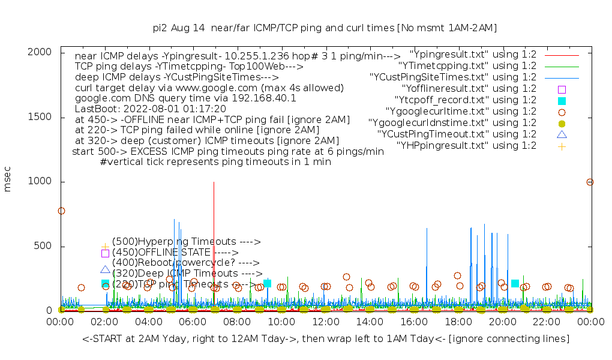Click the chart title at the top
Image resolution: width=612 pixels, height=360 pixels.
pyautogui.click(x=325, y=28)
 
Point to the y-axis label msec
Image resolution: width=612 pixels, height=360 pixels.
pyautogui.click(x=8, y=181)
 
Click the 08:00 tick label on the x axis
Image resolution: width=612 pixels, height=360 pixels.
pyautogui.click(x=237, y=322)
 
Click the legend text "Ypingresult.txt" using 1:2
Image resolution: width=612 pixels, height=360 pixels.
pyautogui.click(x=473, y=54)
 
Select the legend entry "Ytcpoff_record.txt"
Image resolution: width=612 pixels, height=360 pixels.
pyautogui.click(x=466, y=100)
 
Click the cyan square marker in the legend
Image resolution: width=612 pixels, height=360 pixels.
pyautogui.click(x=562, y=100)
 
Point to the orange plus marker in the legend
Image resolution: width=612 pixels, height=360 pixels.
pyautogui.click(x=562, y=146)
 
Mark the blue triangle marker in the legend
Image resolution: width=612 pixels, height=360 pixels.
pyautogui.click(x=562, y=134)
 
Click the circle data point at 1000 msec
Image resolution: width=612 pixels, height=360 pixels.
pyautogui.click(x=590, y=182)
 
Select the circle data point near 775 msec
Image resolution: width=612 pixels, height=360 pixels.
pyautogui.click(x=61, y=211)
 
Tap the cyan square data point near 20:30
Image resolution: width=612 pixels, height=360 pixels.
pyautogui.click(x=515, y=283)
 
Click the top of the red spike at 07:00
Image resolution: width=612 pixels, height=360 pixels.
pyautogui.click(x=214, y=182)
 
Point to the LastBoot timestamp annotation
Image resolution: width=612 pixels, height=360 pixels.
pyautogui.click(x=151, y=109)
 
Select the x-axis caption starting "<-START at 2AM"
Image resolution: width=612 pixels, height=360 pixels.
pyautogui.click(x=326, y=339)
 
